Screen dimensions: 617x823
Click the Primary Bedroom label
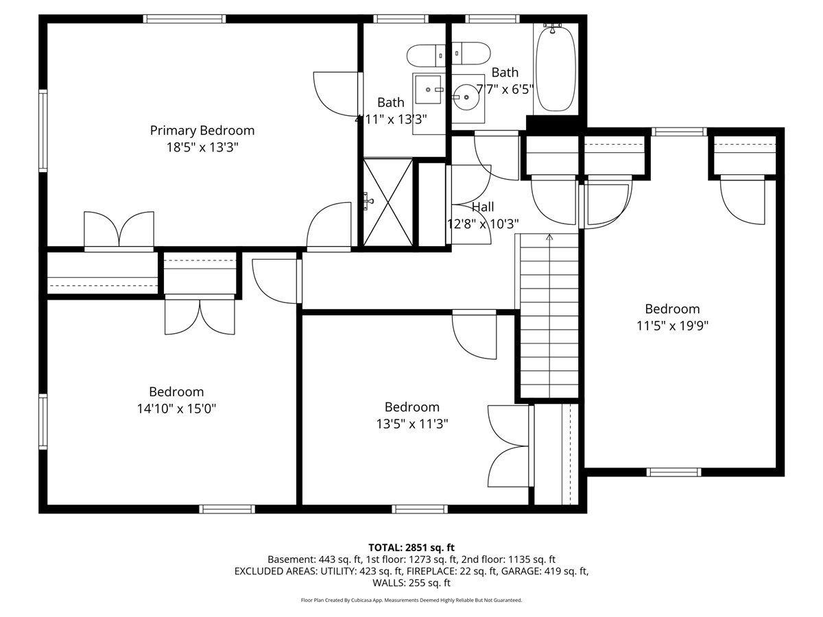click(x=202, y=130)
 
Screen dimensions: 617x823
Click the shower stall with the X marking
click(x=388, y=202)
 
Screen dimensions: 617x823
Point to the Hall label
click(x=482, y=207)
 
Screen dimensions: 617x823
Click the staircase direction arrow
click(x=549, y=237)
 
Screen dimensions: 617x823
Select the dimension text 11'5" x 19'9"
click(x=672, y=326)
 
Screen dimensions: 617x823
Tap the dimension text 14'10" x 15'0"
click(x=177, y=409)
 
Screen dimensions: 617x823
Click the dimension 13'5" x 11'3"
click(x=412, y=424)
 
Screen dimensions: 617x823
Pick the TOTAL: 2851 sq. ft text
click(x=411, y=547)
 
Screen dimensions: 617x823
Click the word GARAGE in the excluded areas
click(x=526, y=571)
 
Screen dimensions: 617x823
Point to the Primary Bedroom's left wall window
click(x=43, y=130)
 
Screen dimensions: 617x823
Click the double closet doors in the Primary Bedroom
click(x=119, y=229)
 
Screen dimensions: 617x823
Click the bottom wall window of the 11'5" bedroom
click(x=674, y=472)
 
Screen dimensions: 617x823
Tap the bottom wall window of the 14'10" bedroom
click(x=227, y=509)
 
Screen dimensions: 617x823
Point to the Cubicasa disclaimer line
click(x=411, y=600)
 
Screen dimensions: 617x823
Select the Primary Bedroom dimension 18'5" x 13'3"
click(x=202, y=147)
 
